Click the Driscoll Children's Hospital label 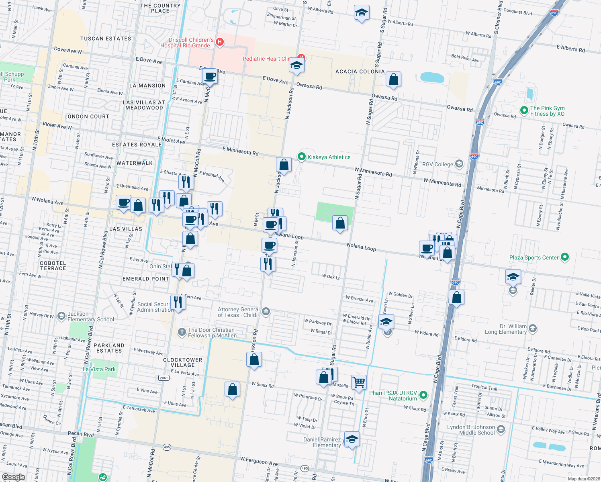191,43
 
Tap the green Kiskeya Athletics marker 301,157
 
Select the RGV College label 437,164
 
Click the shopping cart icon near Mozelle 359,382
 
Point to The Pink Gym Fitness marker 524,110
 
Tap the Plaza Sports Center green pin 565,257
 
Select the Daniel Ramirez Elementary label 322,442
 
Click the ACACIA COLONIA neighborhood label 360,71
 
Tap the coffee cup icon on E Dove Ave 210,76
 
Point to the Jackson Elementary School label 90,317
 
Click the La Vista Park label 99,369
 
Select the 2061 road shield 164,378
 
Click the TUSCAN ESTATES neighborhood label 106,39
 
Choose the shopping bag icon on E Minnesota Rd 284,165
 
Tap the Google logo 13,477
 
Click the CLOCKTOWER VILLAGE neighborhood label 182,362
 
